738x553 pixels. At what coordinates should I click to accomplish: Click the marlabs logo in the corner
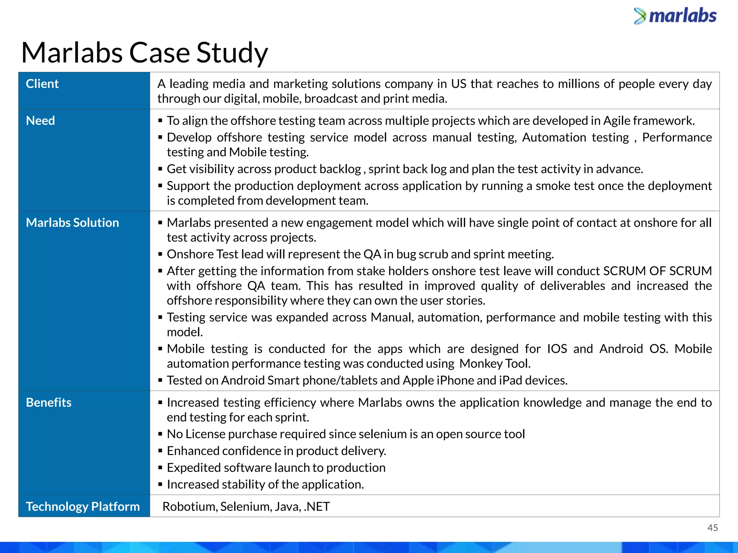click(x=675, y=16)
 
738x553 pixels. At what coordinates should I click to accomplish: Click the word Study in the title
click(x=232, y=53)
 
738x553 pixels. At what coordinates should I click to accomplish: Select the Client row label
click(x=42, y=84)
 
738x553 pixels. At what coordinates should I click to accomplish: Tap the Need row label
click(x=40, y=121)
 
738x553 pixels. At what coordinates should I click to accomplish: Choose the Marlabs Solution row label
click(x=72, y=223)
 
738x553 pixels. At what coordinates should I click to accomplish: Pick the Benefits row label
click(x=49, y=403)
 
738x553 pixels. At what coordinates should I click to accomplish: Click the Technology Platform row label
click(x=83, y=507)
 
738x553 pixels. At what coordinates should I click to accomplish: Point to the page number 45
click(x=712, y=528)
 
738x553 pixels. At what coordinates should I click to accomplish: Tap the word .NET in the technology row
click(x=317, y=507)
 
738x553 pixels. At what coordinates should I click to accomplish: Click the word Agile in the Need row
click(x=617, y=121)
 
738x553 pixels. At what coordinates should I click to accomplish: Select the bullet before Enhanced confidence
click(x=160, y=451)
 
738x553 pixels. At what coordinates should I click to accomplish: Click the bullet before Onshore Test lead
click(x=160, y=255)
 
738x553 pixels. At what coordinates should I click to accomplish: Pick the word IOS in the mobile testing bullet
click(x=557, y=349)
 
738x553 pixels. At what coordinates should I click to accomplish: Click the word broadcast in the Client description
click(x=331, y=99)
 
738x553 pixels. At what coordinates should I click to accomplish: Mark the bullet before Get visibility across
click(x=160, y=169)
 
